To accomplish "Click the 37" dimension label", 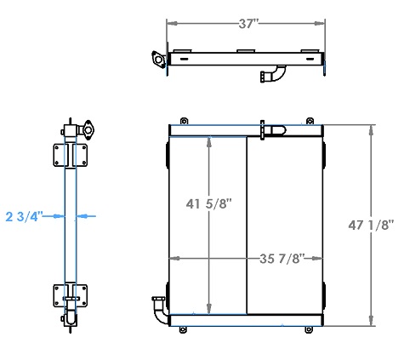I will [x=248, y=24].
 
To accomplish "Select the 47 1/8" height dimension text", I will [x=372, y=226].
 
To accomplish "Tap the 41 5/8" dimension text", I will [x=208, y=203].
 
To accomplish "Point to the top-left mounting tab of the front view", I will [x=182, y=120].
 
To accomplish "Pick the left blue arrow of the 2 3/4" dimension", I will [x=57, y=216].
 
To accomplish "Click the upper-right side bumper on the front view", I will [x=327, y=153].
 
